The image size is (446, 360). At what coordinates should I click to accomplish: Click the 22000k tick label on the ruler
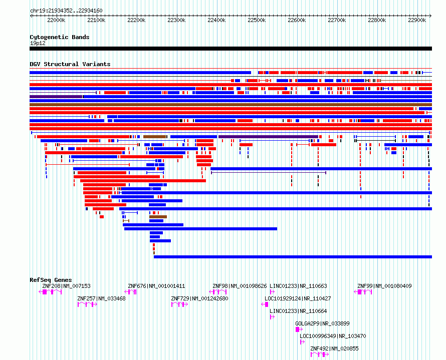[56, 20]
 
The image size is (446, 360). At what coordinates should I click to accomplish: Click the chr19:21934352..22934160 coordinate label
[66, 11]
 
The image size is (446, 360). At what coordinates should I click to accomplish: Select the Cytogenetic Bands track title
[60, 37]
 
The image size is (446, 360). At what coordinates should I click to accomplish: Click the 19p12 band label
[38, 43]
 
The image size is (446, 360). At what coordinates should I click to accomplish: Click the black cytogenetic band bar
[231, 49]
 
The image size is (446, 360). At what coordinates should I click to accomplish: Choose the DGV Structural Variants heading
[70, 64]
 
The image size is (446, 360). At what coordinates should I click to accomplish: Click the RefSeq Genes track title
[51, 280]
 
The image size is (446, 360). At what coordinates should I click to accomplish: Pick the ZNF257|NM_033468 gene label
[101, 298]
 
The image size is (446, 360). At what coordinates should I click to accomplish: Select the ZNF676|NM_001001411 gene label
[156, 286]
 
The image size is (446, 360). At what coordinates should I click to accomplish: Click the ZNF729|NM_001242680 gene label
[199, 298]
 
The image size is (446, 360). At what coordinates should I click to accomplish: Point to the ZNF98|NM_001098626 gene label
[240, 286]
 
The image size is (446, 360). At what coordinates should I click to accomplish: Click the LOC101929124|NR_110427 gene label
[298, 298]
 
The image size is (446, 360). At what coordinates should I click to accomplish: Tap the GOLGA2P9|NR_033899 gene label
[322, 323]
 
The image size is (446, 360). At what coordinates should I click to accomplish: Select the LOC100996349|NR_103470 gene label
[333, 336]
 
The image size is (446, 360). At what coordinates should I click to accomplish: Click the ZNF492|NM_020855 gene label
[334, 348]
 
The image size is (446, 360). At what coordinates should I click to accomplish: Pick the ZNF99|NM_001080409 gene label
[384, 286]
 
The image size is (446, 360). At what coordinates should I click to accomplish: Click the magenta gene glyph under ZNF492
[319, 354]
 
